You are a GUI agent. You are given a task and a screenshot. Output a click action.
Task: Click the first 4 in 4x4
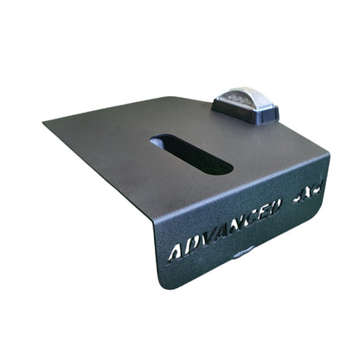point(296,198)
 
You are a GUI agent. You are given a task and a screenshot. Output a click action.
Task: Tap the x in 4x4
point(305,194)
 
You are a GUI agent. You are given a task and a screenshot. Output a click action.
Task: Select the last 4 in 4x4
point(314,190)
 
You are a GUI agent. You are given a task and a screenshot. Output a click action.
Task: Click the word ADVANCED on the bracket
point(225,229)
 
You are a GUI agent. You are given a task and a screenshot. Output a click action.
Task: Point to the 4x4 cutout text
point(305,194)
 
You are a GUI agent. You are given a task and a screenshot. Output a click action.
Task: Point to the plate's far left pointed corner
point(45,122)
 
